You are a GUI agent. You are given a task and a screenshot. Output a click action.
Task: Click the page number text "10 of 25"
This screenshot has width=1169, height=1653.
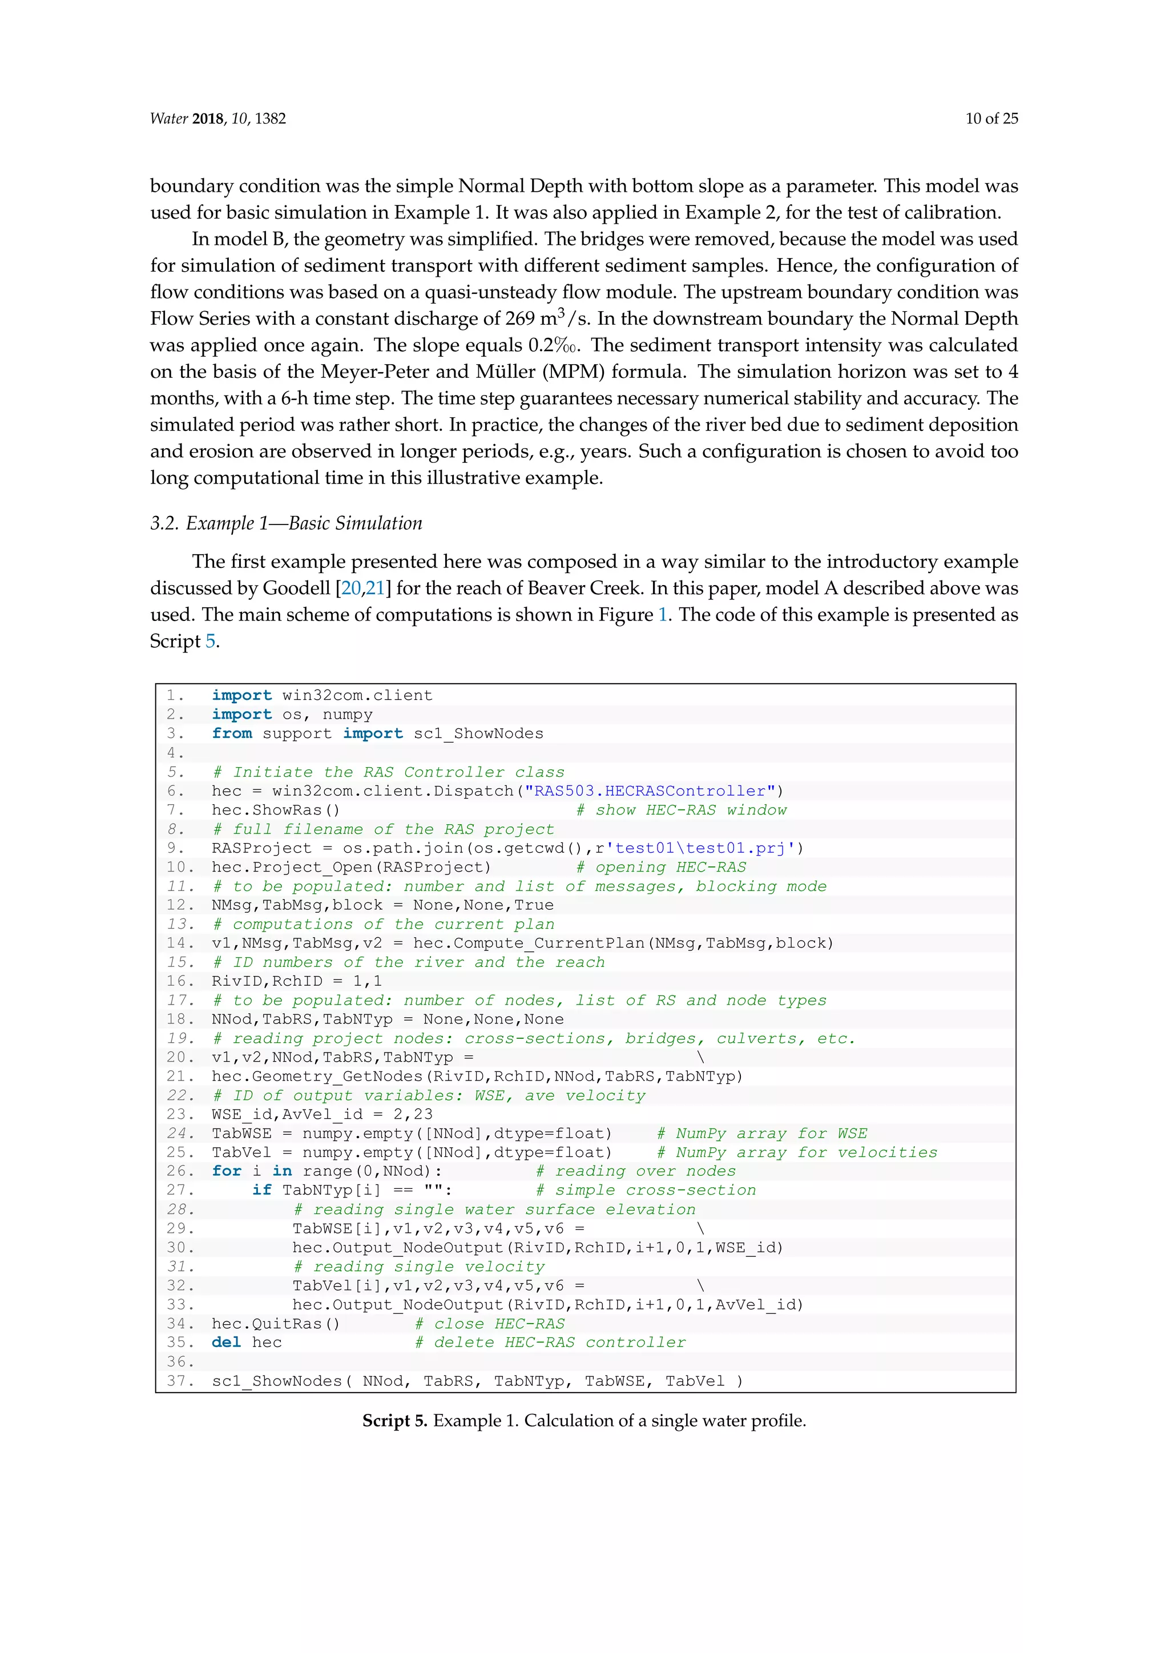(991, 119)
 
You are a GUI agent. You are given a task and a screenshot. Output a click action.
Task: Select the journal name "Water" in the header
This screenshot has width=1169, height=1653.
(168, 119)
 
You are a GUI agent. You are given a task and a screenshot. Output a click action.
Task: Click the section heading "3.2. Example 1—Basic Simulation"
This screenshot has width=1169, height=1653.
(286, 523)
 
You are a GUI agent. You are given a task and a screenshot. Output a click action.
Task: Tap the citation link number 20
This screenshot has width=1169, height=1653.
(350, 588)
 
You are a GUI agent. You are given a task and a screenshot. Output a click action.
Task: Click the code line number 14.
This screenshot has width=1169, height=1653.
(179, 943)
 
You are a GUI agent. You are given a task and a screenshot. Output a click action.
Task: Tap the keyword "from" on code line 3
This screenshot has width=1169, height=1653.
(232, 733)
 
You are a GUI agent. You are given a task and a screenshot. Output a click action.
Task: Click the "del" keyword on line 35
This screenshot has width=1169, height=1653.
(226, 1342)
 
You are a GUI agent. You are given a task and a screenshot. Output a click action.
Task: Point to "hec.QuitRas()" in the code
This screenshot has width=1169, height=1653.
(275, 1323)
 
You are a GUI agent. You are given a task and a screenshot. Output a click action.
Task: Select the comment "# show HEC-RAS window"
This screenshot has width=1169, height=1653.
(681, 810)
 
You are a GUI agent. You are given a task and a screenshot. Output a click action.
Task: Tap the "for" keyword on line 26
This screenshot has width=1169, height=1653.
(226, 1171)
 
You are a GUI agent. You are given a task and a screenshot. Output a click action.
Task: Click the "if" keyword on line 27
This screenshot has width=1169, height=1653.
(261, 1190)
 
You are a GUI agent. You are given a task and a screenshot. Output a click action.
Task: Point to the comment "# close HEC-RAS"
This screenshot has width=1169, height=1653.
(490, 1323)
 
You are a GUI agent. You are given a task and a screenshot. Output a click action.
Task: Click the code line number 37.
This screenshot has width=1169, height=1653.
(179, 1381)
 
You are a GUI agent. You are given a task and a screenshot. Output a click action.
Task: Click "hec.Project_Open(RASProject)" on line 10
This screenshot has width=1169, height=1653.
(350, 867)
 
